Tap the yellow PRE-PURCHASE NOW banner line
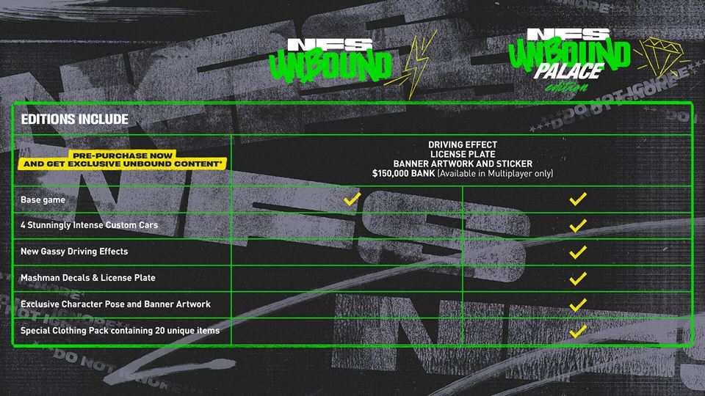click(123, 155)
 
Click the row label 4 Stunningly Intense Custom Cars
click(89, 225)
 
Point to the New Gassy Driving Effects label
click(74, 252)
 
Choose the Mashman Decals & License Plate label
click(88, 278)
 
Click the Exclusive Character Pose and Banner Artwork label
click(115, 304)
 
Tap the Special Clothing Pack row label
click(120, 331)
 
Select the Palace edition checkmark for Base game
click(578, 199)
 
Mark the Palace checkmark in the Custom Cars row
click(578, 225)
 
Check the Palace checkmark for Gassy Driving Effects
click(578, 252)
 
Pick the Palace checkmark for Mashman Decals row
click(578, 278)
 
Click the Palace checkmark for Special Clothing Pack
click(578, 331)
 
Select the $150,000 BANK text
click(403, 173)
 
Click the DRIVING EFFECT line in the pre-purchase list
click(462, 144)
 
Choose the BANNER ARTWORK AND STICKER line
click(462, 164)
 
